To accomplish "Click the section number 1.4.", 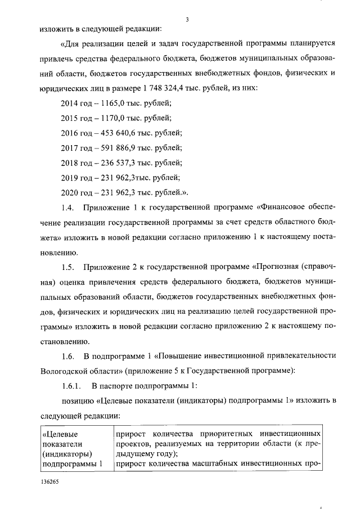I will point(67,209).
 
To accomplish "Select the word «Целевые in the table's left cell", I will point(61,434).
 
